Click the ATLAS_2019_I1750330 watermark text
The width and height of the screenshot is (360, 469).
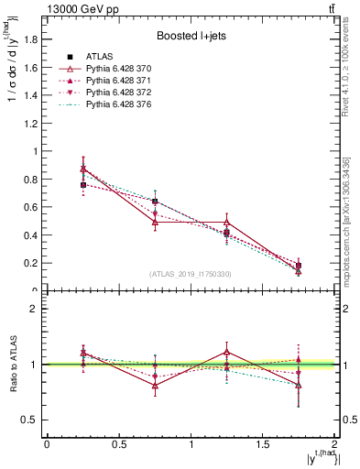190,274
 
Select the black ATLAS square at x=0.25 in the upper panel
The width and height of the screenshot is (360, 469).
83,185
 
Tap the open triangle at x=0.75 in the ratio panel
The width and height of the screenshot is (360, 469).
155,386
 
